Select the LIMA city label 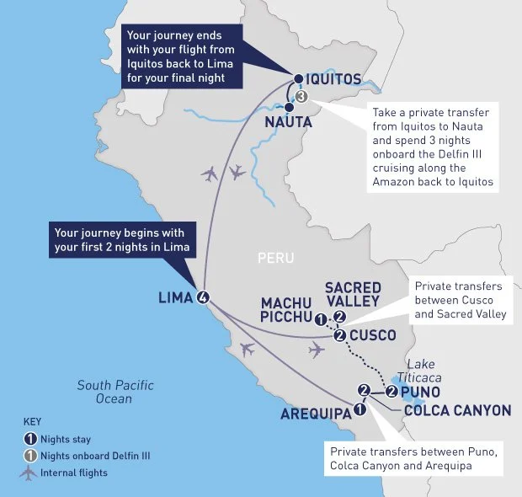coord(175,297)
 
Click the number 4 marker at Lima coord(202,297)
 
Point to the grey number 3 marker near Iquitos coord(302,97)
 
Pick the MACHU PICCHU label coord(287,310)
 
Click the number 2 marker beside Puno coord(392,391)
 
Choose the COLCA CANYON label coord(457,410)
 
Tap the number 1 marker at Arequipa coord(360,409)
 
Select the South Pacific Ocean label coord(115,392)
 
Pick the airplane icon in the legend coord(30,473)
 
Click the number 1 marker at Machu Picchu coord(321,318)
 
